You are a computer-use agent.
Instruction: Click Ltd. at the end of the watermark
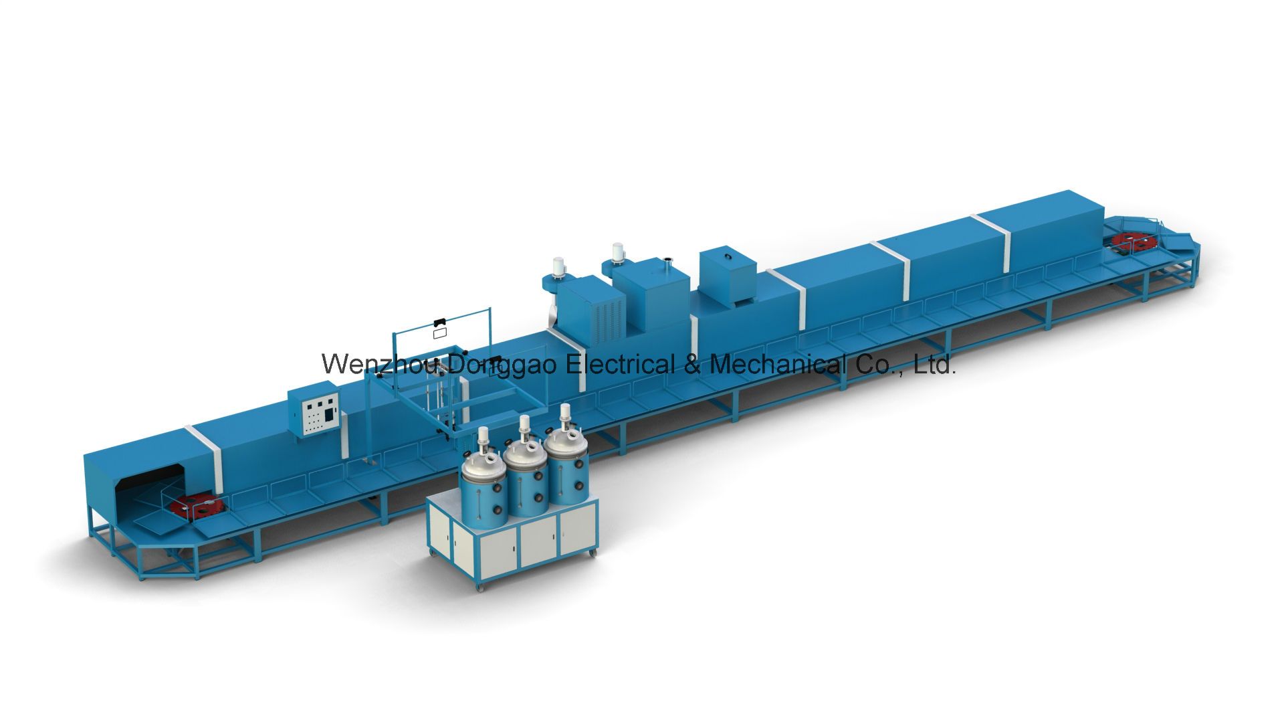934,365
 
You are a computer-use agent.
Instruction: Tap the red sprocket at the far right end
1131,238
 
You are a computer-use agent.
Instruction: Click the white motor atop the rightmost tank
566,420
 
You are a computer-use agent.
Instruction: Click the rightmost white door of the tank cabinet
576,532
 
